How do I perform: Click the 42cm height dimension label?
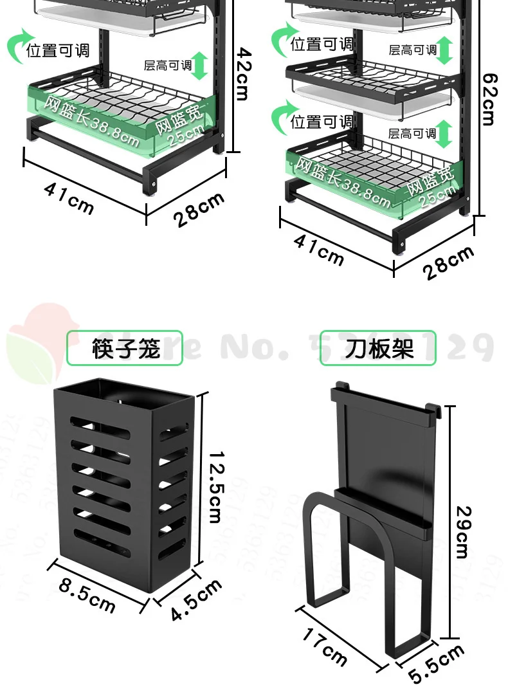(x=241, y=72)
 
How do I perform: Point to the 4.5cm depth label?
(x=196, y=600)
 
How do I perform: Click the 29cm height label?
(x=462, y=531)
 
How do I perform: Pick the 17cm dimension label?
(x=324, y=645)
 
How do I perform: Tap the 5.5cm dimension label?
(x=437, y=664)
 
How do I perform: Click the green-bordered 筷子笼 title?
(x=125, y=348)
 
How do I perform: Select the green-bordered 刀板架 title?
(x=378, y=348)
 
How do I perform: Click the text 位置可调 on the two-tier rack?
(x=58, y=50)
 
